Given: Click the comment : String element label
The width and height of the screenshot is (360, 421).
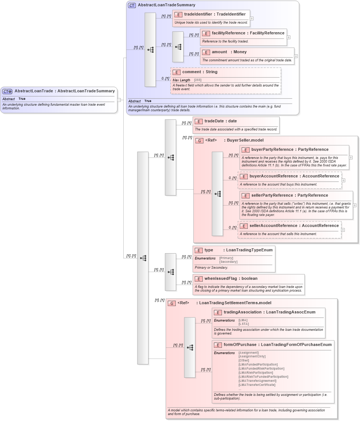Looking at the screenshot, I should (200, 72).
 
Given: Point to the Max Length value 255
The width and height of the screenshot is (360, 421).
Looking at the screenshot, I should (198, 80).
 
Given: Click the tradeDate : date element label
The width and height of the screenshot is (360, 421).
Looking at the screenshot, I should (220, 121).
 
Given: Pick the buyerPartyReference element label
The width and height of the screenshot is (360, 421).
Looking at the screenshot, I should (290, 149).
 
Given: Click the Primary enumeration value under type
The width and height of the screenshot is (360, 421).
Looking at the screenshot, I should (226, 258).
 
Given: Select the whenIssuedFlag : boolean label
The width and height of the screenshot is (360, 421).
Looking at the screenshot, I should (231, 278).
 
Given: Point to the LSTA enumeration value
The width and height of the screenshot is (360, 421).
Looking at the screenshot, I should (243, 324).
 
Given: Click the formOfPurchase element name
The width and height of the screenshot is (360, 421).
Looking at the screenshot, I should (240, 344).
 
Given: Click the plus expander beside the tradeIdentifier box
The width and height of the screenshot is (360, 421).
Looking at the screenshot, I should (252, 18).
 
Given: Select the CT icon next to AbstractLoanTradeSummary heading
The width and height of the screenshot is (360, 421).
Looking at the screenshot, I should (132, 5).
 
